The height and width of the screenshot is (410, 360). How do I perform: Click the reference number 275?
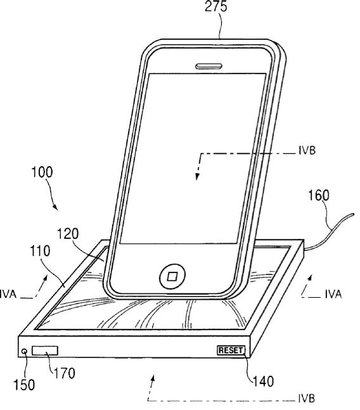tap(215, 6)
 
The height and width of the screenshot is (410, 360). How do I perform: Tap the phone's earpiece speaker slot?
tap(209, 66)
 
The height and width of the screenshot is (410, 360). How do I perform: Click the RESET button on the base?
tap(231, 350)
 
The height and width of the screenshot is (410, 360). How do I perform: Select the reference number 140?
tap(263, 381)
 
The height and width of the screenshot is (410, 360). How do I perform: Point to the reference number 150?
tap(24, 385)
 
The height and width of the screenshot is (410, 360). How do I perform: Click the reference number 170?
tap(64, 373)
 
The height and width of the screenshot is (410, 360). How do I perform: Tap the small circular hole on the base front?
tap(25, 352)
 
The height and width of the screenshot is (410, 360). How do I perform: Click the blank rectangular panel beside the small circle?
tap(45, 351)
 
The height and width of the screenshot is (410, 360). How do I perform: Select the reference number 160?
tap(319, 196)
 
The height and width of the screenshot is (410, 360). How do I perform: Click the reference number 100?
tap(42, 172)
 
